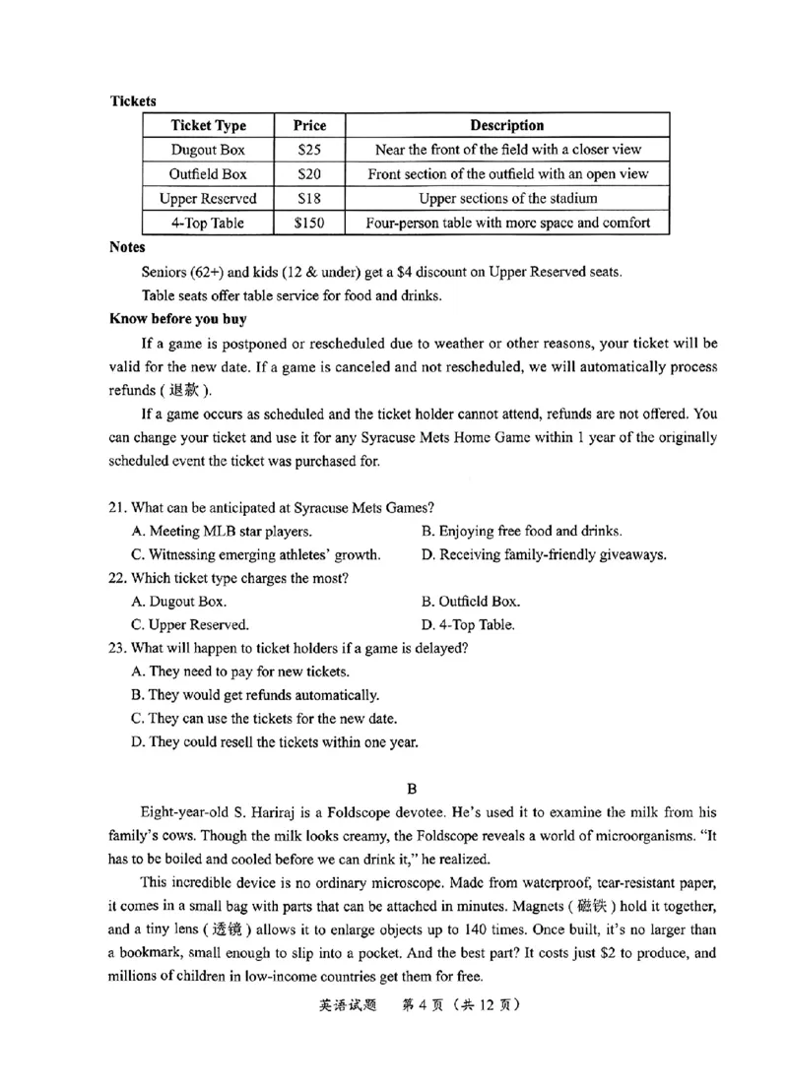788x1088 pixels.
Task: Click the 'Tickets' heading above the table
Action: coord(133,101)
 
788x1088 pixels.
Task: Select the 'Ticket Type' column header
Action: coord(208,126)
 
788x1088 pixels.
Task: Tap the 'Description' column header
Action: coord(507,126)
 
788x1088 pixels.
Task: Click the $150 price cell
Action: coord(309,223)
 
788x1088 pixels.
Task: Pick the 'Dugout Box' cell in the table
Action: coord(208,151)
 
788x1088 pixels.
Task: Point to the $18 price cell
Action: coord(309,199)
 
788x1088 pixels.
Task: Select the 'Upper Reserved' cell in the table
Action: coord(208,199)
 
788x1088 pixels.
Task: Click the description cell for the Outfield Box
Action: coord(507,174)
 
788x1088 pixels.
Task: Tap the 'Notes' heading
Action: coord(127,247)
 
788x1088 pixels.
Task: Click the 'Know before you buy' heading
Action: coord(177,319)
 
